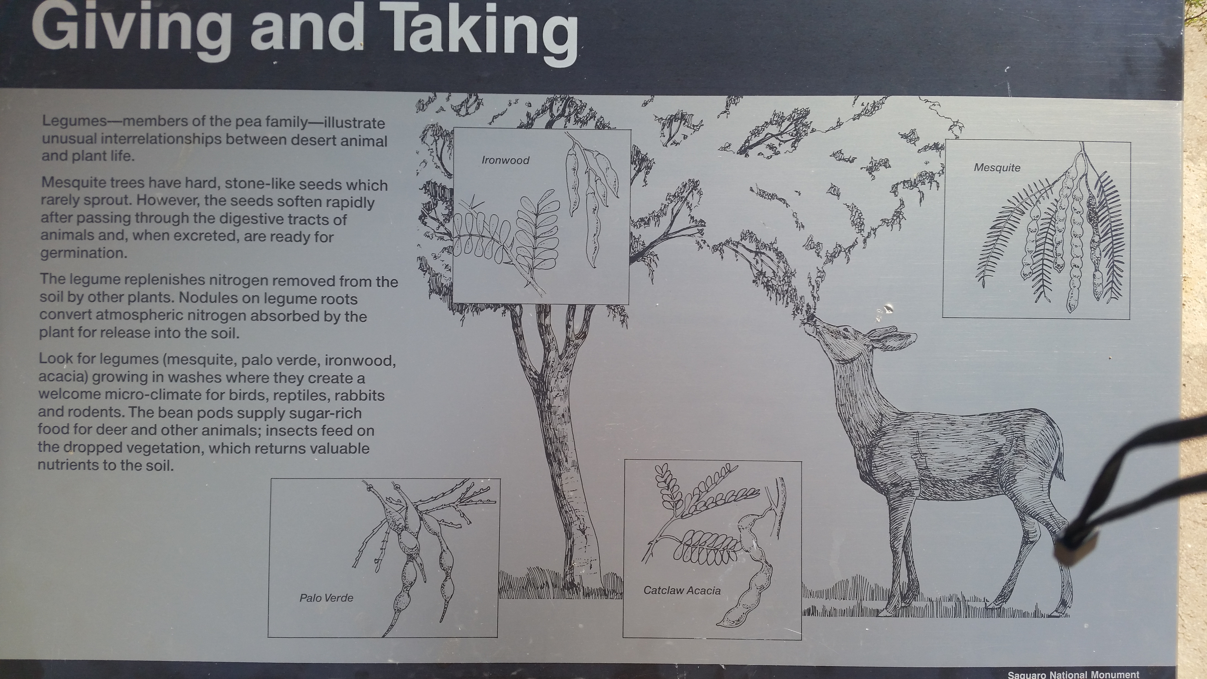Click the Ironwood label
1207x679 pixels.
tap(506, 160)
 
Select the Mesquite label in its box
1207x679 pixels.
tap(997, 168)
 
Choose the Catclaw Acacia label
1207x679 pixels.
tap(682, 590)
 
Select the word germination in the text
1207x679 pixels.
tap(83, 253)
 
